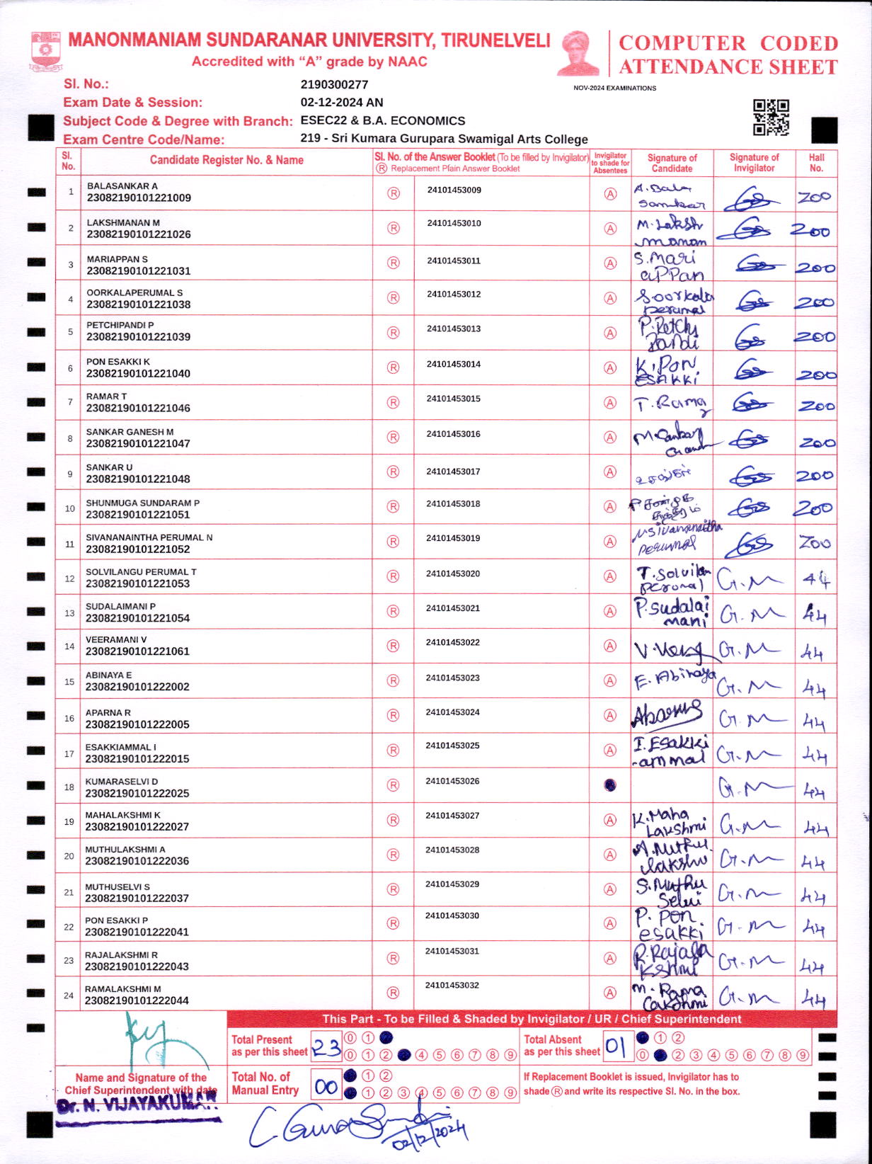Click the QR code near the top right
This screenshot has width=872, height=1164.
coord(771,118)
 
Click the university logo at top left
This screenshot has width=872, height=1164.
coord(46,50)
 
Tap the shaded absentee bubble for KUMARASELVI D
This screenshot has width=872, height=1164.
coord(610,784)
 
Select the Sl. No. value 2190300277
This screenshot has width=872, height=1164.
coord(334,84)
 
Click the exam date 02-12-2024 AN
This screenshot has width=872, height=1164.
coord(342,102)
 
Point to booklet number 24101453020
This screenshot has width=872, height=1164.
coord(453,574)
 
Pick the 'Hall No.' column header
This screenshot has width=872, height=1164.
coord(816,163)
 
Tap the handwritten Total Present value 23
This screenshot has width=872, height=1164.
coord(326,1047)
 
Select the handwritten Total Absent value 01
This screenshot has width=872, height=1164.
coord(616,1046)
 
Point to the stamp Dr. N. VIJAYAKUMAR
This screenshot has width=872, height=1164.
coord(138,1107)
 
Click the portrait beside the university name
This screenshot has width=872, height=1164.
coord(578,52)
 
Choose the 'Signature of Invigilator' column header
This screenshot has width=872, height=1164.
coord(754,163)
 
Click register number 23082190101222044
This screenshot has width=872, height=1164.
coord(137,1000)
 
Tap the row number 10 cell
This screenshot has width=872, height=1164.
coord(69,508)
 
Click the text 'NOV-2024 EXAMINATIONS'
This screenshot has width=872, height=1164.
coord(614,88)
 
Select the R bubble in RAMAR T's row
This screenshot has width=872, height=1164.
coord(394,402)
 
